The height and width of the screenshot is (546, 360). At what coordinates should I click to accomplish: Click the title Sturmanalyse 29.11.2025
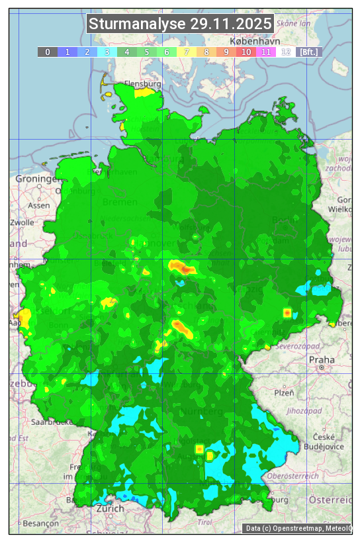point(180,24)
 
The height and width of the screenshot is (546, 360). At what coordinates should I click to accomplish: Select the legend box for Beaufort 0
point(48,52)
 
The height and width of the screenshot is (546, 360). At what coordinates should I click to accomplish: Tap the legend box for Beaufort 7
point(187,52)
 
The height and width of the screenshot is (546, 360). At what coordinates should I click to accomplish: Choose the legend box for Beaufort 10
point(246,52)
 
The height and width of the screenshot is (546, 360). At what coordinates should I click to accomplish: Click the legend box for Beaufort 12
point(286,52)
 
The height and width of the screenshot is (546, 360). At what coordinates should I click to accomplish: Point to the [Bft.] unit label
point(308,52)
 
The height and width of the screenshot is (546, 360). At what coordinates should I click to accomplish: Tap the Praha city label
point(322,360)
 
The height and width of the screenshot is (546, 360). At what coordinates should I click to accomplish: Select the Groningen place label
point(37,179)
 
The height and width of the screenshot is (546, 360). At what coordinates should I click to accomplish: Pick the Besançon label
point(41,523)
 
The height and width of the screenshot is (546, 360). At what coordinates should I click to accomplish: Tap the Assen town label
point(39,205)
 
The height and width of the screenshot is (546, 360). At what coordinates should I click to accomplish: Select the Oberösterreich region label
point(292,475)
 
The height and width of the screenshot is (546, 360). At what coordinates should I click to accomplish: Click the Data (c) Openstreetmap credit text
point(298,528)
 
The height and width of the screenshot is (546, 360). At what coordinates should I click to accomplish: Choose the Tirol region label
point(206,522)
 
